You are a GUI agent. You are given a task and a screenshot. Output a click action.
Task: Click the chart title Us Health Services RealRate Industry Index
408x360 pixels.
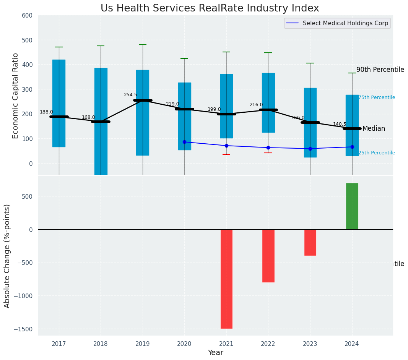pyautogui.click(x=210, y=8)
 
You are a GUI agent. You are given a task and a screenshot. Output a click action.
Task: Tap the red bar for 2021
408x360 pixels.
pyautogui.click(x=226, y=279)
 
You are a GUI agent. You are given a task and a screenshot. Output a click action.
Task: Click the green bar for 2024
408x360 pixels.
pyautogui.click(x=352, y=206)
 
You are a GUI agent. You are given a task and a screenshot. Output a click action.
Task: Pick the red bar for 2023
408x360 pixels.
pyautogui.click(x=310, y=242)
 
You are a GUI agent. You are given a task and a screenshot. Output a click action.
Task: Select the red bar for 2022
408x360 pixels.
pyautogui.click(x=268, y=256)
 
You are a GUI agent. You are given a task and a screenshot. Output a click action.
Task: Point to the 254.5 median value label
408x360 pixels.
pyautogui.click(x=130, y=95)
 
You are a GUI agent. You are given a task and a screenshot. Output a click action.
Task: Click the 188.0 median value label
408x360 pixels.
pyautogui.click(x=46, y=112)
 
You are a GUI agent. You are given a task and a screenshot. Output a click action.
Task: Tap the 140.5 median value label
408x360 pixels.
pyautogui.click(x=340, y=124)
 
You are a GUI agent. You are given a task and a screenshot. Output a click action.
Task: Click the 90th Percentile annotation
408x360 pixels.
pyautogui.click(x=380, y=70)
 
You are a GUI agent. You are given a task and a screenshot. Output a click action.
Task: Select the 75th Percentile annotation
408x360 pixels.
pyautogui.click(x=376, y=97)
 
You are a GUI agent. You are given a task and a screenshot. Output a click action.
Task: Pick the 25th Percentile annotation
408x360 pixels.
pyautogui.click(x=376, y=153)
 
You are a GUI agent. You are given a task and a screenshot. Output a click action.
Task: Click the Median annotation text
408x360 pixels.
pyautogui.click(x=373, y=129)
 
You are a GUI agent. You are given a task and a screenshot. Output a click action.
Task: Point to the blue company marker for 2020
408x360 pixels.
pyautogui.click(x=184, y=142)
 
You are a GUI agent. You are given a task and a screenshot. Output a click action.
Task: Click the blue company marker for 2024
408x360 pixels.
pyautogui.click(x=352, y=147)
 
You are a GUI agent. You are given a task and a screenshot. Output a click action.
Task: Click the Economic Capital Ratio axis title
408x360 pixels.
pyautogui.click(x=16, y=95)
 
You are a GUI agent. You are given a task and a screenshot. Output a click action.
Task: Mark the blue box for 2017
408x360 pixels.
pyautogui.click(x=59, y=103)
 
